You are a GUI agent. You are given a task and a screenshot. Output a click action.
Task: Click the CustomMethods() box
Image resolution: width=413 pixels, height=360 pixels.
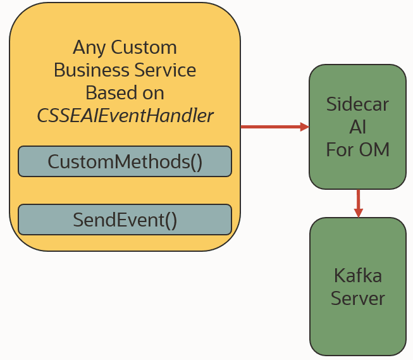[x=125, y=161]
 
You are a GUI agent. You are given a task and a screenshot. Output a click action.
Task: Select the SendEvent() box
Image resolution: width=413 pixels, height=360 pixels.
[x=125, y=220]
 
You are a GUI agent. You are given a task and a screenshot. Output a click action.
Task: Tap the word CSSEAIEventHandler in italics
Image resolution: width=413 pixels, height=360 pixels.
[x=125, y=116]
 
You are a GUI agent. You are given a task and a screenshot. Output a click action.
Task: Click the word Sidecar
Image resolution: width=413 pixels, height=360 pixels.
[x=357, y=104]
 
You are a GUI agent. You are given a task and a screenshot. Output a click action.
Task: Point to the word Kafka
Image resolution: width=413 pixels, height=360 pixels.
[x=357, y=276]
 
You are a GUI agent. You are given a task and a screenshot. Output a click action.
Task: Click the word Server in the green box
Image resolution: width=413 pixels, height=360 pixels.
[x=357, y=298]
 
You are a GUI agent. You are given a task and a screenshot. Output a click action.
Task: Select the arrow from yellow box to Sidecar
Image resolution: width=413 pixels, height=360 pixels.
[x=272, y=127]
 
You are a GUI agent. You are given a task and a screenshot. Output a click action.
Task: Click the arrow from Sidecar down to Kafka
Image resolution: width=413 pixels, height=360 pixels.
[x=358, y=201]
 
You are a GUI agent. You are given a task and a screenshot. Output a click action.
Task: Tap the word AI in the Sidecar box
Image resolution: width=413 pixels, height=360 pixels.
[x=357, y=127]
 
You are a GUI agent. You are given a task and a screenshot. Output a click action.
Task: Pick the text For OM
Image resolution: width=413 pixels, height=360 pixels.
[x=357, y=149]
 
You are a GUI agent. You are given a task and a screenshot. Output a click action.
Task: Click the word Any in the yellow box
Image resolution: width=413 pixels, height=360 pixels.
[x=89, y=47]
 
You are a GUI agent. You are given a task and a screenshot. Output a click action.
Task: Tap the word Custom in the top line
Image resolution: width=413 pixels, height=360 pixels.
[x=143, y=47]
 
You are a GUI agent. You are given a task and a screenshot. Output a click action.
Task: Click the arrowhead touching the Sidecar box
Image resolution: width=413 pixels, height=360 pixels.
[x=304, y=127]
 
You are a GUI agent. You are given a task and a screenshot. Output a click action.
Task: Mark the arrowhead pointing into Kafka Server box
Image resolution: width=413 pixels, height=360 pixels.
[x=358, y=213]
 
